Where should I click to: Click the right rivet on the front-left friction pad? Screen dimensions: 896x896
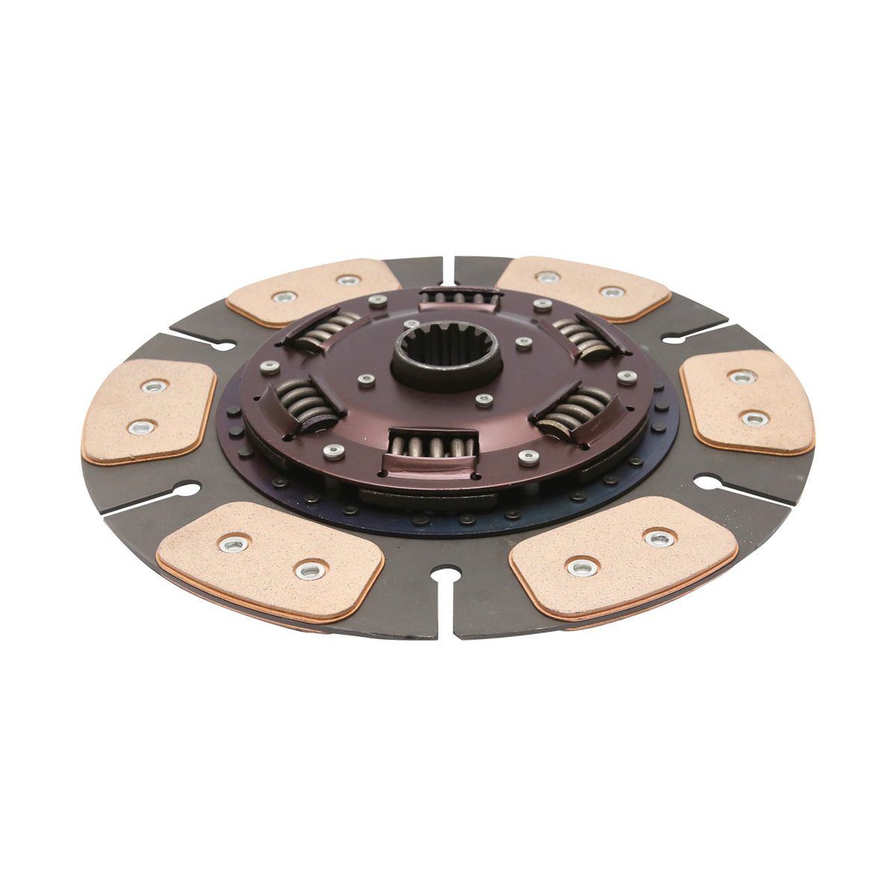pyautogui.click(x=306, y=570)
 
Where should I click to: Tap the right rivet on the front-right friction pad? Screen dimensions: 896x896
pyautogui.click(x=659, y=537)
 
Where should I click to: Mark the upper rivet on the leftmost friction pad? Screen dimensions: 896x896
pyautogui.click(x=155, y=387)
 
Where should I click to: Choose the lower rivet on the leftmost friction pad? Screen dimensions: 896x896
pyautogui.click(x=140, y=427)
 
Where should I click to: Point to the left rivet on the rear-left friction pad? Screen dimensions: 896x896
pyautogui.click(x=283, y=296)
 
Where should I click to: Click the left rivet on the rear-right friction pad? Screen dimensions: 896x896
pyautogui.click(x=549, y=277)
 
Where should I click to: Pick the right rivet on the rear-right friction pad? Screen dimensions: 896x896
pyautogui.click(x=612, y=292)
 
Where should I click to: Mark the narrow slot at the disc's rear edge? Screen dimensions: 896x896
pyautogui.click(x=447, y=270)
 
